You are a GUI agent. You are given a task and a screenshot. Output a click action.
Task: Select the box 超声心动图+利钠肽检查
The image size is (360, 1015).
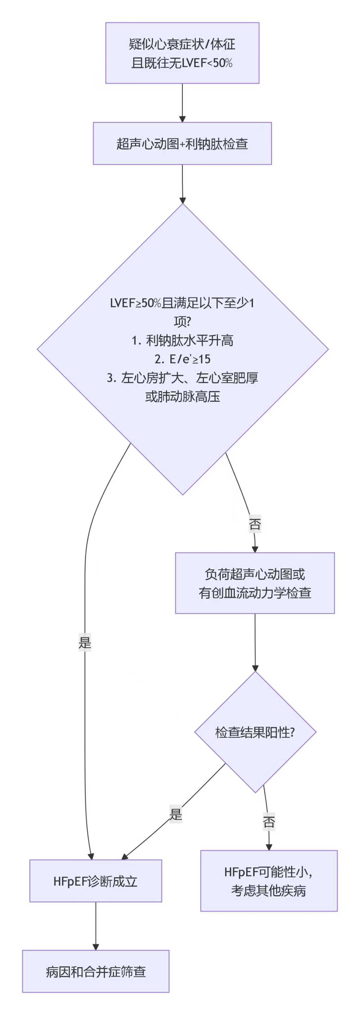coord(182,143)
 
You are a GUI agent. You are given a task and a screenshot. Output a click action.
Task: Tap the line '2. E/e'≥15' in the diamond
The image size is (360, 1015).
coord(182,359)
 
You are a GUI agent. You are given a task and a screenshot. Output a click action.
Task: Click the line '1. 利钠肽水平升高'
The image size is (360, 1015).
coord(182,340)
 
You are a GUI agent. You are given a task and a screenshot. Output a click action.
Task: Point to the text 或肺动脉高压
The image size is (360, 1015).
coord(182,396)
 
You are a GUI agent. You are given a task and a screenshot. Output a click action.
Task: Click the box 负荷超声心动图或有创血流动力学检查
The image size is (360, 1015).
coord(255,583)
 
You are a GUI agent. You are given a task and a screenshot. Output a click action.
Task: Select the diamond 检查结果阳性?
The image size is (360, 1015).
coord(255,732)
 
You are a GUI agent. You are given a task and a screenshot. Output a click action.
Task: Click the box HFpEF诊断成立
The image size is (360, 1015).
coord(95,881)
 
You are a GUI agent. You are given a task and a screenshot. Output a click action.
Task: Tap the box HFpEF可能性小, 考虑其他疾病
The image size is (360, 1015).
coord(269,881)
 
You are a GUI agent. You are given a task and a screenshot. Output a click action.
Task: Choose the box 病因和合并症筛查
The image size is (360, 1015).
coord(95,972)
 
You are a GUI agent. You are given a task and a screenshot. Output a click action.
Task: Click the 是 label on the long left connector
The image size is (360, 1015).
coord(85,643)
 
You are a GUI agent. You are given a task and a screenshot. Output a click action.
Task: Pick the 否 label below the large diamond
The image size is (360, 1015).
coord(255,524)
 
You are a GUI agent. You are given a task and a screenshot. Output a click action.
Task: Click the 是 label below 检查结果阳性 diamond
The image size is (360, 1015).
coord(176,814)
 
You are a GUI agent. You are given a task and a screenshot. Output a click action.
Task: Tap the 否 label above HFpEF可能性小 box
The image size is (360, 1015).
coord(269,822)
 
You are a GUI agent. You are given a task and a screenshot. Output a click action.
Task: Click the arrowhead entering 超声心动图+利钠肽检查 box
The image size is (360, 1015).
coord(182,119)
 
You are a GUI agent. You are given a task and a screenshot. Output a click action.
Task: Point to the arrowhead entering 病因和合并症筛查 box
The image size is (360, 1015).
coord(95,946)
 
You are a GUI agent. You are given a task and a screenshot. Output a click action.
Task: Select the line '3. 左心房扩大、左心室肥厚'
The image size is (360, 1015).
coord(182,378)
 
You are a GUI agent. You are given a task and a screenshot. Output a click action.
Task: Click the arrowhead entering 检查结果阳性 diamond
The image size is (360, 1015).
coord(255,668)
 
